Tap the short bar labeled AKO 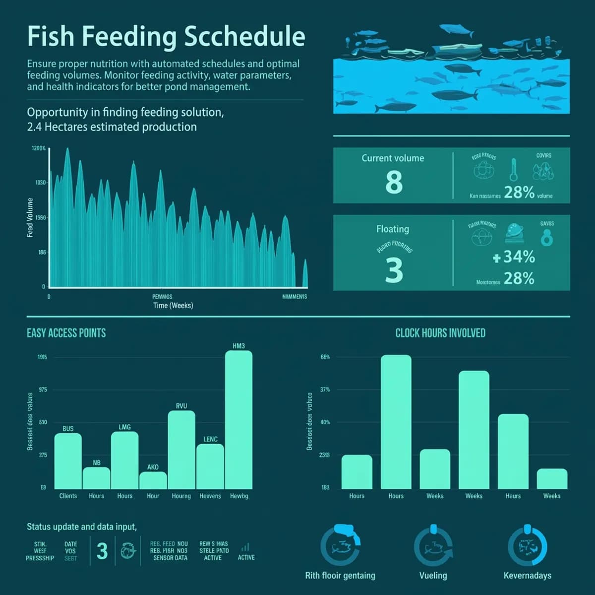(153, 480)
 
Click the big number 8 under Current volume (394, 182)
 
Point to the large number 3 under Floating (394, 270)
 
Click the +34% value (514, 257)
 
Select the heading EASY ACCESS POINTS (66, 333)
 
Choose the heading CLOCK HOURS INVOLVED (440, 333)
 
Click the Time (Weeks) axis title (173, 306)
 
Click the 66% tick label (325, 357)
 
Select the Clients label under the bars (68, 496)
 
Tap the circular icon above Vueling (433, 547)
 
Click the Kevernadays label (527, 576)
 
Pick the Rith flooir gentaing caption (340, 576)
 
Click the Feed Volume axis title (30, 217)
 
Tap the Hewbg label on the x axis (239, 496)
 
